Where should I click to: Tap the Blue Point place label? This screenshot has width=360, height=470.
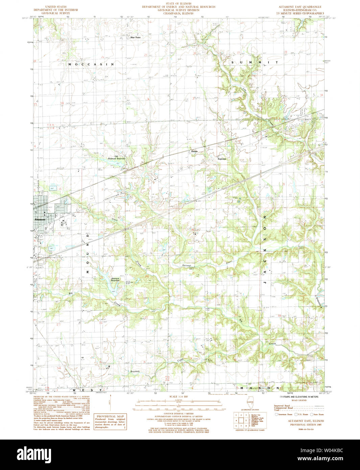pos(136,38)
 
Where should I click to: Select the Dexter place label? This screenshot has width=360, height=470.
pos(194,151)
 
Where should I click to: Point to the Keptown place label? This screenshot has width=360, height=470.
pos(222,159)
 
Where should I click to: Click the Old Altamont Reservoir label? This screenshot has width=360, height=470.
pos(116,158)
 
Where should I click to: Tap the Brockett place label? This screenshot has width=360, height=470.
pos(135,371)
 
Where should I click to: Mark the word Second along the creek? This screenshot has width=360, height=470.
pos(186,265)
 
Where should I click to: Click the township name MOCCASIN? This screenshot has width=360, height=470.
pos(91,64)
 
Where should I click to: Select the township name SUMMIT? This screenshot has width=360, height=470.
pos(255,63)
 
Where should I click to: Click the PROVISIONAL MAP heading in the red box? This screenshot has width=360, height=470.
pos(111,416)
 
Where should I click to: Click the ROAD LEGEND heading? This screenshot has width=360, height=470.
pos(298,400)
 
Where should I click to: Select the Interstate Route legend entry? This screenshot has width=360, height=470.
pos(284,414)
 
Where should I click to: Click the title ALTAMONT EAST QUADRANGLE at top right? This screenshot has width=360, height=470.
pos(300,7)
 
